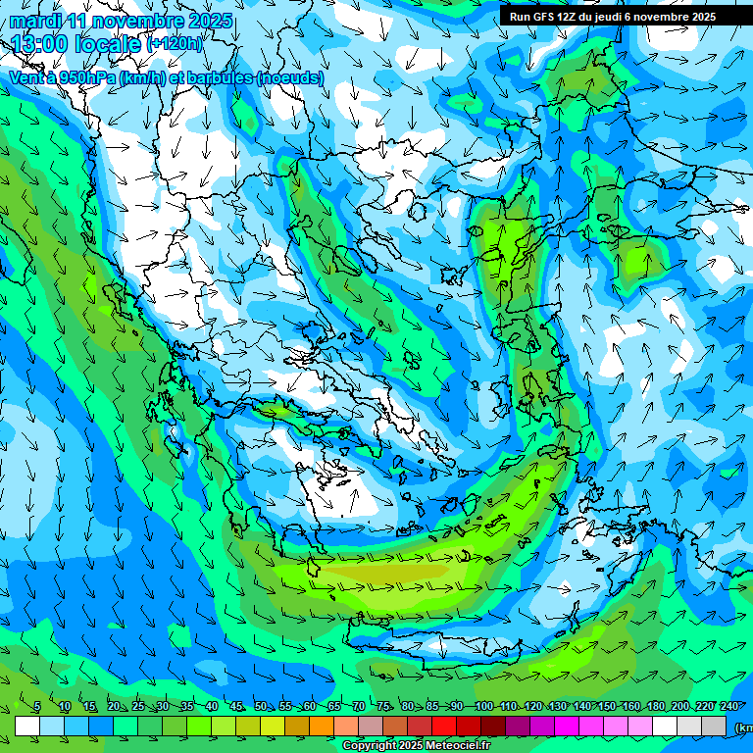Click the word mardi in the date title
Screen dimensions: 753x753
point(35,21)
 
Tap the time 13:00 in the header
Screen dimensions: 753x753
point(40,44)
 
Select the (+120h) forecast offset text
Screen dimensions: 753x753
point(174,44)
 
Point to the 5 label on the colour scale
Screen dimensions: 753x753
point(37,707)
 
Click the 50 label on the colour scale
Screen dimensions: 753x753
point(260,707)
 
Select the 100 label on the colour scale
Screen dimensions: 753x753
point(483,707)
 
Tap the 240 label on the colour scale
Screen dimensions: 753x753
point(728,707)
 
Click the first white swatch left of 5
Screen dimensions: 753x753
point(27,726)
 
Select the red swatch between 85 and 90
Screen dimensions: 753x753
point(444,726)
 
